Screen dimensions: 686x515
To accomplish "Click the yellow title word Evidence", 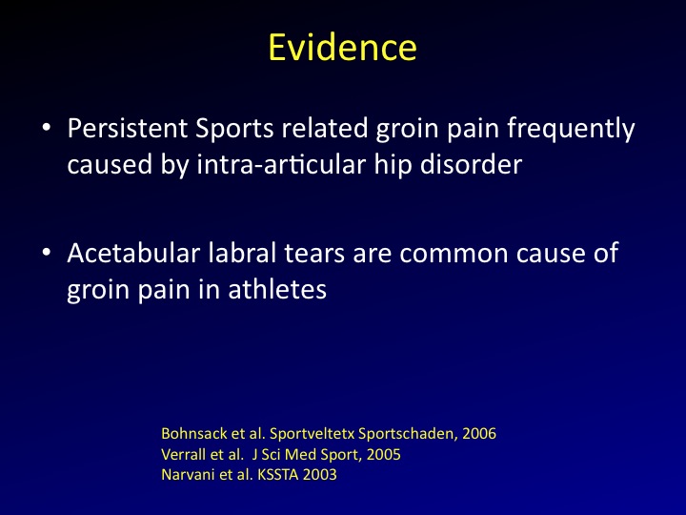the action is (343, 48).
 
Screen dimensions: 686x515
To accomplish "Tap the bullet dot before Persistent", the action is (47, 128).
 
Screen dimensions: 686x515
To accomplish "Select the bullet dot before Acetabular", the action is (47, 253).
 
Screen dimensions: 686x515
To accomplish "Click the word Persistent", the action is (128, 129).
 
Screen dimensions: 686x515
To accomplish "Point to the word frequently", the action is (571, 130).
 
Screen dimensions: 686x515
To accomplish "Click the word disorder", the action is (472, 165).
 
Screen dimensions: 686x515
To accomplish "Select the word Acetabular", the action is (133, 253).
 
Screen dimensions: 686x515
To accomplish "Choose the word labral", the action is (242, 253).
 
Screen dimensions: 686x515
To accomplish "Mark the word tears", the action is (314, 254).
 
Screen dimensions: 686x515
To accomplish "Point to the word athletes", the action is (277, 289).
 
